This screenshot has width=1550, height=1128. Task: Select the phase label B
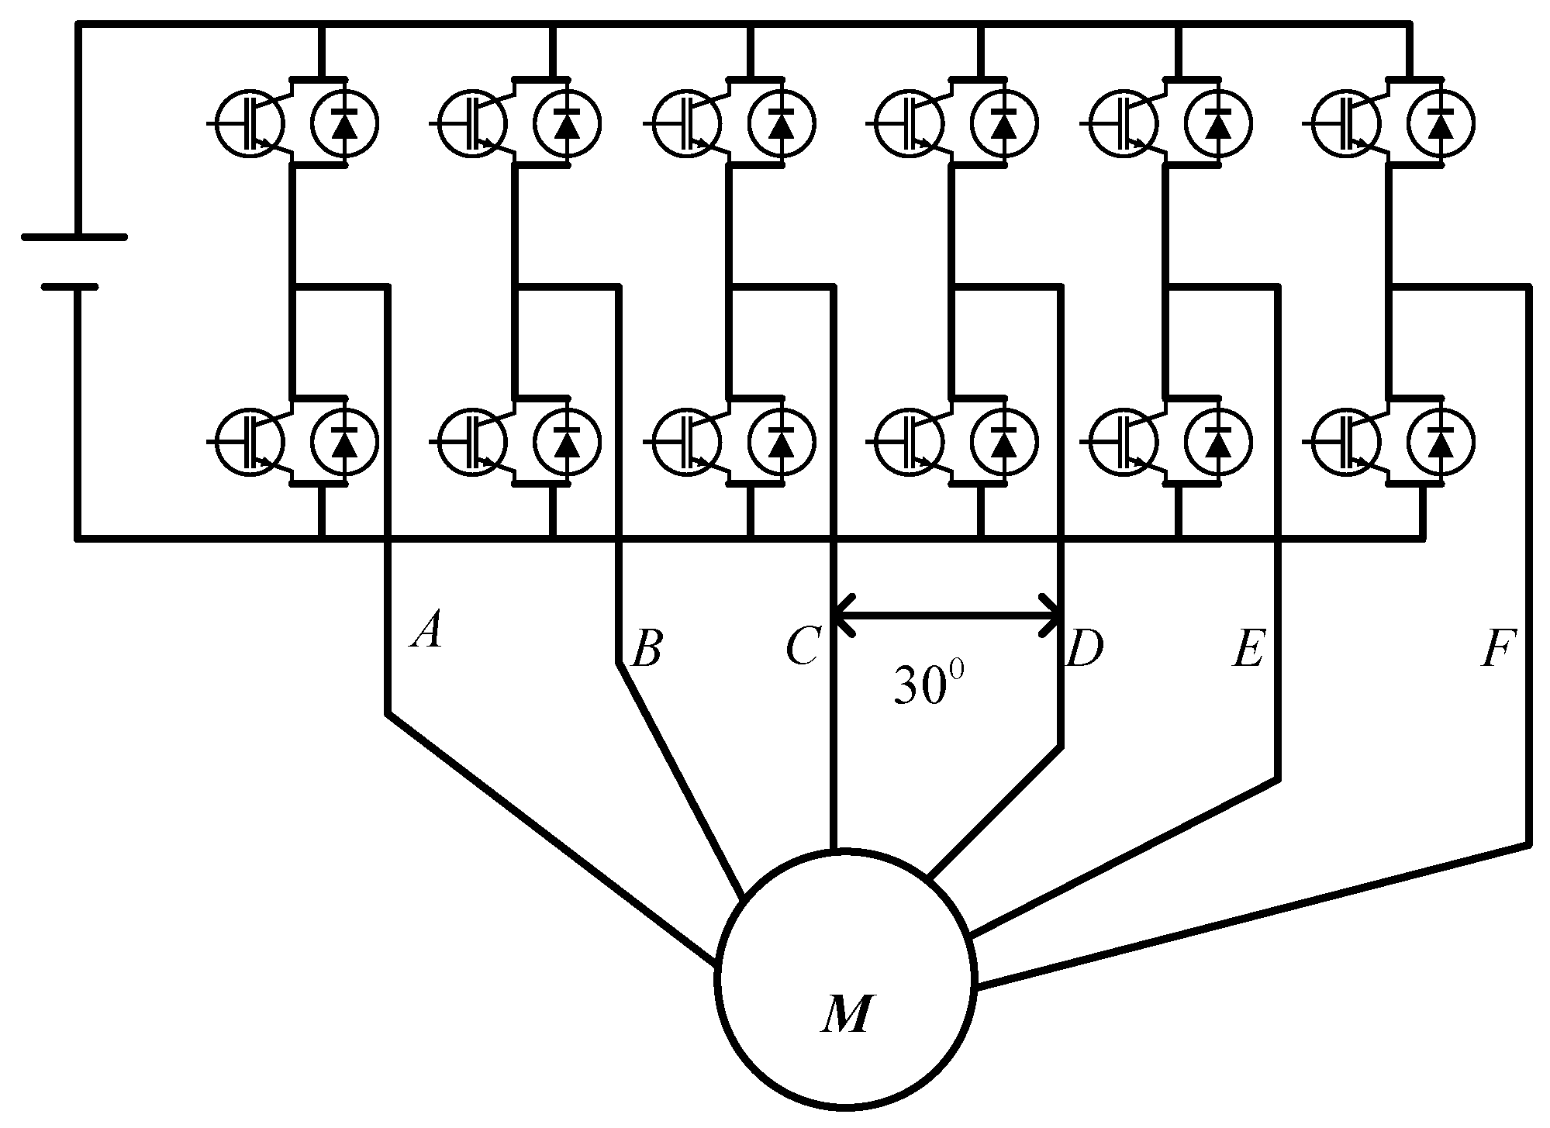tap(647, 650)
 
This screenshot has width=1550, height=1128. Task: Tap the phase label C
tap(802, 648)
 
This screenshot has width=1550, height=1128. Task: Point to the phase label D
tap(1085, 650)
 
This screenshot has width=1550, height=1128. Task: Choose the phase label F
tap(1497, 650)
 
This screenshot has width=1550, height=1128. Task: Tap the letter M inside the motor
tap(846, 1014)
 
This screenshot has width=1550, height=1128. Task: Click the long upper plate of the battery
tap(74, 237)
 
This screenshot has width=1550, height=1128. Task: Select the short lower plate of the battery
tap(71, 286)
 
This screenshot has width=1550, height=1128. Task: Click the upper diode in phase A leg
tap(345, 122)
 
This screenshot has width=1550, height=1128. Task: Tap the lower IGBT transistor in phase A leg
tap(250, 442)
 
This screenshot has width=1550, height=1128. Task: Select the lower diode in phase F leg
tap(1441, 442)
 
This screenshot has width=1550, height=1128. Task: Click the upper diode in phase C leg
tap(782, 122)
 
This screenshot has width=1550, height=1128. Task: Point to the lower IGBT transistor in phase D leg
tap(908, 442)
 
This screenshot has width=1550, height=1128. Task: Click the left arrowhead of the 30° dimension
tap(842, 616)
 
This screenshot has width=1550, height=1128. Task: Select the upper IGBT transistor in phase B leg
tap(471, 122)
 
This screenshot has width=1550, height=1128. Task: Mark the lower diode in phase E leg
tap(1219, 442)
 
